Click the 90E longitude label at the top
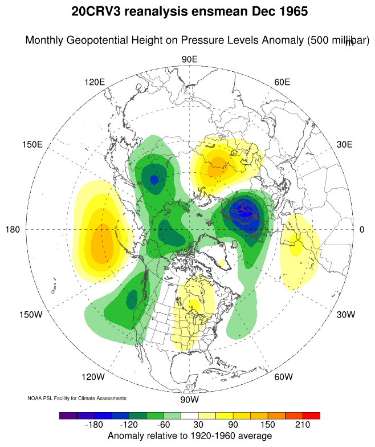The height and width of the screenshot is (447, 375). pyautogui.click(x=189, y=60)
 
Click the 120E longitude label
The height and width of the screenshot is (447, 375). pyautogui.click(x=95, y=82)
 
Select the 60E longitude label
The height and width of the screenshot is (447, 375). pyautogui.click(x=282, y=82)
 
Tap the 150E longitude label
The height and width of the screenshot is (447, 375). pyautogui.click(x=32, y=144)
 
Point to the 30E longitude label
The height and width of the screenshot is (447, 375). pyautogui.click(x=345, y=144)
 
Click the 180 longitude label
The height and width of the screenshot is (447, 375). pyautogui.click(x=13, y=230)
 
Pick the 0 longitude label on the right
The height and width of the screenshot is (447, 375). pyautogui.click(x=362, y=230)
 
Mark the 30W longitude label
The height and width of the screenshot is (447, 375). pyautogui.click(x=346, y=315)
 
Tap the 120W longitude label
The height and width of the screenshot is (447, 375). pyautogui.click(x=93, y=377)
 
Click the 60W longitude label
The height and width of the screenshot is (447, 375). pyautogui.click(x=283, y=377)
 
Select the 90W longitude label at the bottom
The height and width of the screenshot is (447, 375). pyautogui.click(x=189, y=399)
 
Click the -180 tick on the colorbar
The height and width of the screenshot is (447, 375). pyautogui.click(x=92, y=425)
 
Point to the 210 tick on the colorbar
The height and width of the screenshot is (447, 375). pyautogui.click(x=302, y=425)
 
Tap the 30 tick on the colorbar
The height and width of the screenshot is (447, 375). pyautogui.click(x=197, y=425)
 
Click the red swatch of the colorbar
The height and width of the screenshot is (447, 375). pyautogui.click(x=311, y=416)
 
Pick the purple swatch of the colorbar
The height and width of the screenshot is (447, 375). pyautogui.click(x=68, y=416)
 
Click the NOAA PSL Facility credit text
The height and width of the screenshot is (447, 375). pyautogui.click(x=77, y=398)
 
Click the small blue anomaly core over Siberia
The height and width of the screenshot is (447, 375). pyautogui.click(x=154, y=180)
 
